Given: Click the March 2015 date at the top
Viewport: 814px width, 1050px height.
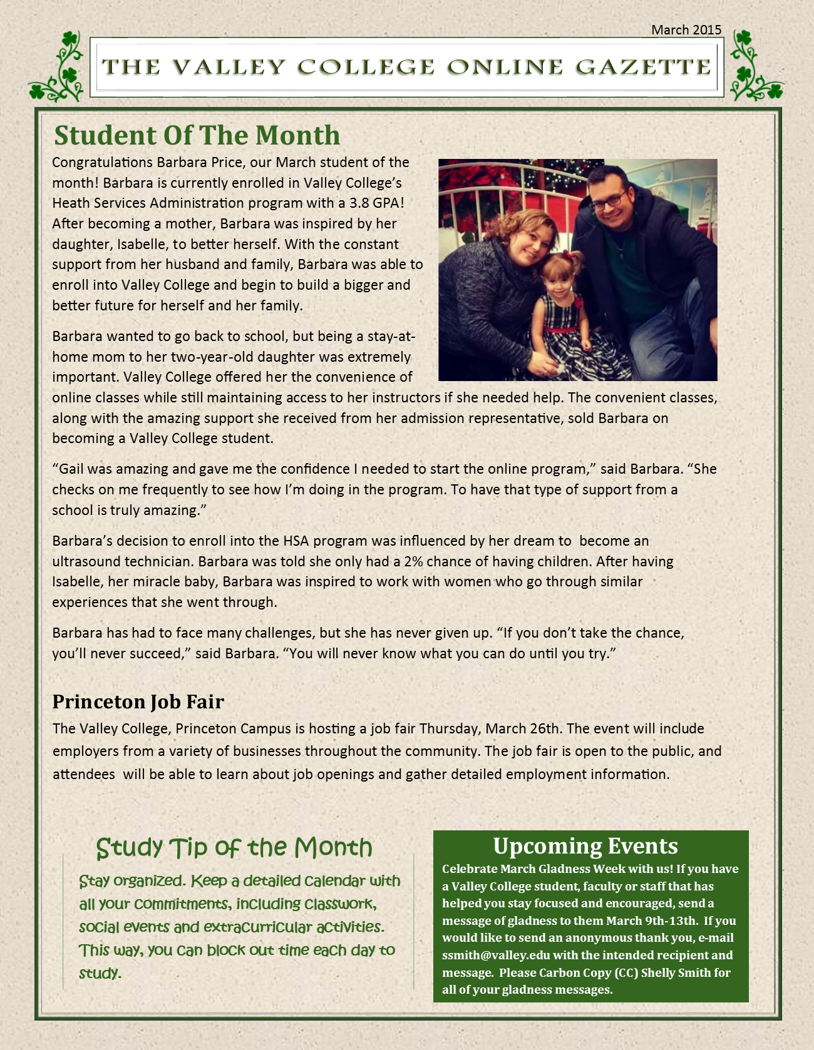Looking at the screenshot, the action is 686,29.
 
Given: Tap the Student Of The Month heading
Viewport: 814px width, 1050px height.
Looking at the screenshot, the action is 197,135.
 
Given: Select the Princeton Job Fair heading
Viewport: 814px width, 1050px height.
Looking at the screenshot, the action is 138,701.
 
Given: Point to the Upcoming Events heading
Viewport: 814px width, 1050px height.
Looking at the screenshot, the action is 585,846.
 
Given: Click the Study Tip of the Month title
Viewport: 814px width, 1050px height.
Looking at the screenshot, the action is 234,848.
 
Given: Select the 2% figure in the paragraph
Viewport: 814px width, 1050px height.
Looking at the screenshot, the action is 414,561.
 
